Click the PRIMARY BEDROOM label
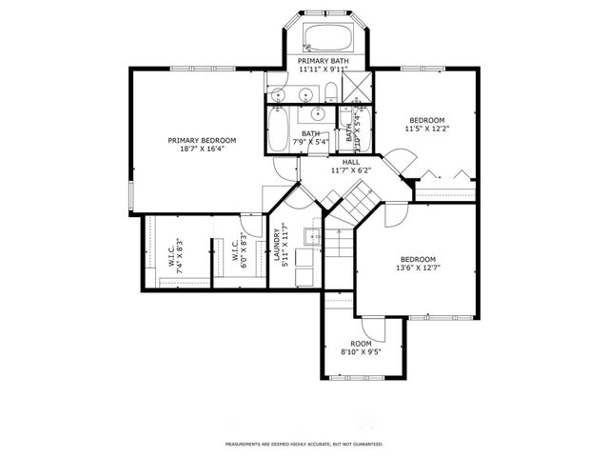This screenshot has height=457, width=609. click(x=202, y=140)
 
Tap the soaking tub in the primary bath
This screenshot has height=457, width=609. click(x=328, y=39)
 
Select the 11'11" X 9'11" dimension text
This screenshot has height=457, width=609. click(x=324, y=70)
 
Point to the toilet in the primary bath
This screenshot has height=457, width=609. click(x=328, y=92)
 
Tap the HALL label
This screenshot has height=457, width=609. click(x=350, y=162)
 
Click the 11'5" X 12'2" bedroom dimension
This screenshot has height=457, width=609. click(x=427, y=129)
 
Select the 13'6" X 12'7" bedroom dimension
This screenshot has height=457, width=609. click(x=418, y=268)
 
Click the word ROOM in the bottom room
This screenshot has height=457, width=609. click(x=361, y=344)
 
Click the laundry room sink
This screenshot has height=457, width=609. click(x=311, y=236)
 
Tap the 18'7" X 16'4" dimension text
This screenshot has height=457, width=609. click(x=202, y=149)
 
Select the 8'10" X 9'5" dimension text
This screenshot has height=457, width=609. click(x=361, y=352)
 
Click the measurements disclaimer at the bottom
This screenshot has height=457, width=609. click(x=304, y=444)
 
